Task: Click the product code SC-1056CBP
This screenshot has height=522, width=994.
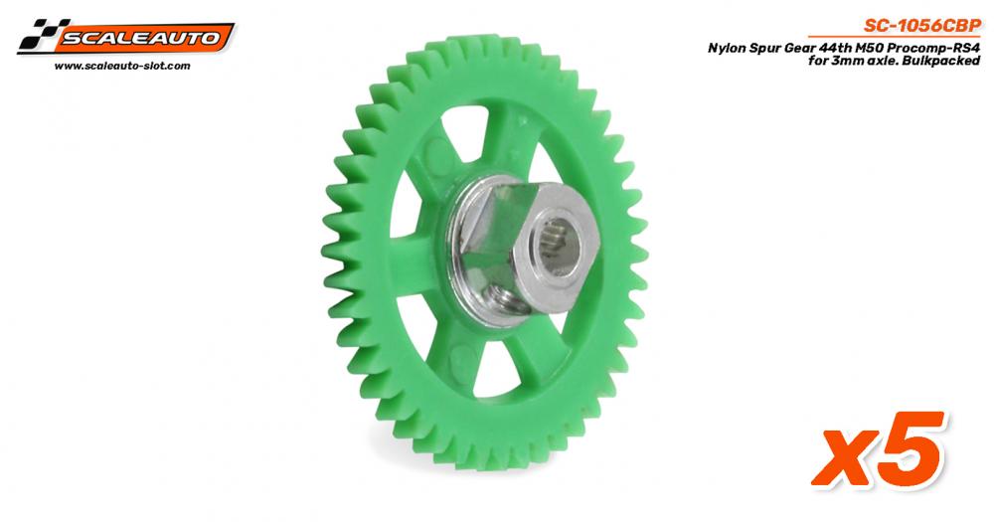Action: [x=921, y=26]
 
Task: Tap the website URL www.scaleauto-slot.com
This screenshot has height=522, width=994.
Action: [x=122, y=66]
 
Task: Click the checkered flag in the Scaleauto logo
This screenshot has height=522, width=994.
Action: [x=40, y=35]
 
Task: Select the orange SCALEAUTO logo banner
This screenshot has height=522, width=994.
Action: [x=142, y=38]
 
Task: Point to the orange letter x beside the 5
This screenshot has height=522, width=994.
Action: [x=846, y=458]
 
